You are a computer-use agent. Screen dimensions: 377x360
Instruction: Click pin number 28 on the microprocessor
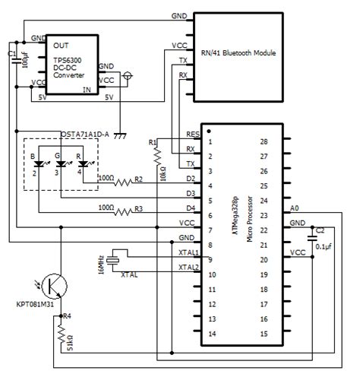[x=264, y=141]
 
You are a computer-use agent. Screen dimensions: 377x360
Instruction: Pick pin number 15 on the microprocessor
[x=264, y=334]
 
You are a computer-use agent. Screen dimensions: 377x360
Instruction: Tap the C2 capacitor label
[x=320, y=230]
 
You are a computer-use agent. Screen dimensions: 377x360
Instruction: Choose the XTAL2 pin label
[x=188, y=267]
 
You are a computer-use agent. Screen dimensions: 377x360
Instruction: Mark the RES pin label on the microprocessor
[x=192, y=134]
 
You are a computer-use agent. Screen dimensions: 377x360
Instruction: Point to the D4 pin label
[x=191, y=208]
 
